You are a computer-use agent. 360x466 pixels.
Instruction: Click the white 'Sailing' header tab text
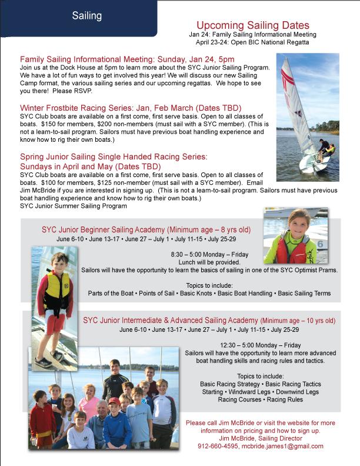(x=87, y=16)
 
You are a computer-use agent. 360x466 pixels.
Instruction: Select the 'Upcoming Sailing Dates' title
(x=252, y=25)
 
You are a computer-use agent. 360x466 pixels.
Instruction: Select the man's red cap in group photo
(x=114, y=401)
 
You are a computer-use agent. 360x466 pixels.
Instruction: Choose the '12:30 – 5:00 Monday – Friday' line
(x=260, y=345)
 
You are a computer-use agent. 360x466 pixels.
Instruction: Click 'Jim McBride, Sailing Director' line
(x=260, y=438)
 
